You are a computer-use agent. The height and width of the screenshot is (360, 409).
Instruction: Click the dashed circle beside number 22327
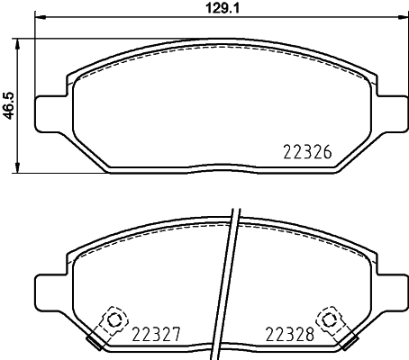pyautogui.click(x=114, y=319)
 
